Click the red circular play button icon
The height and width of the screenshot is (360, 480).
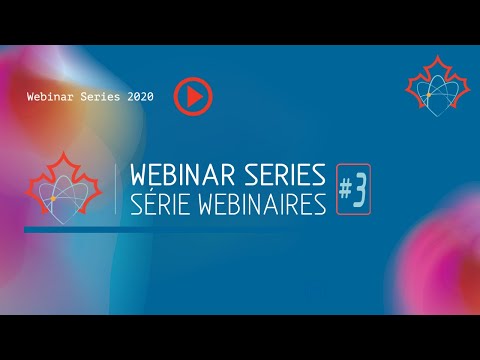point(193,96)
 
